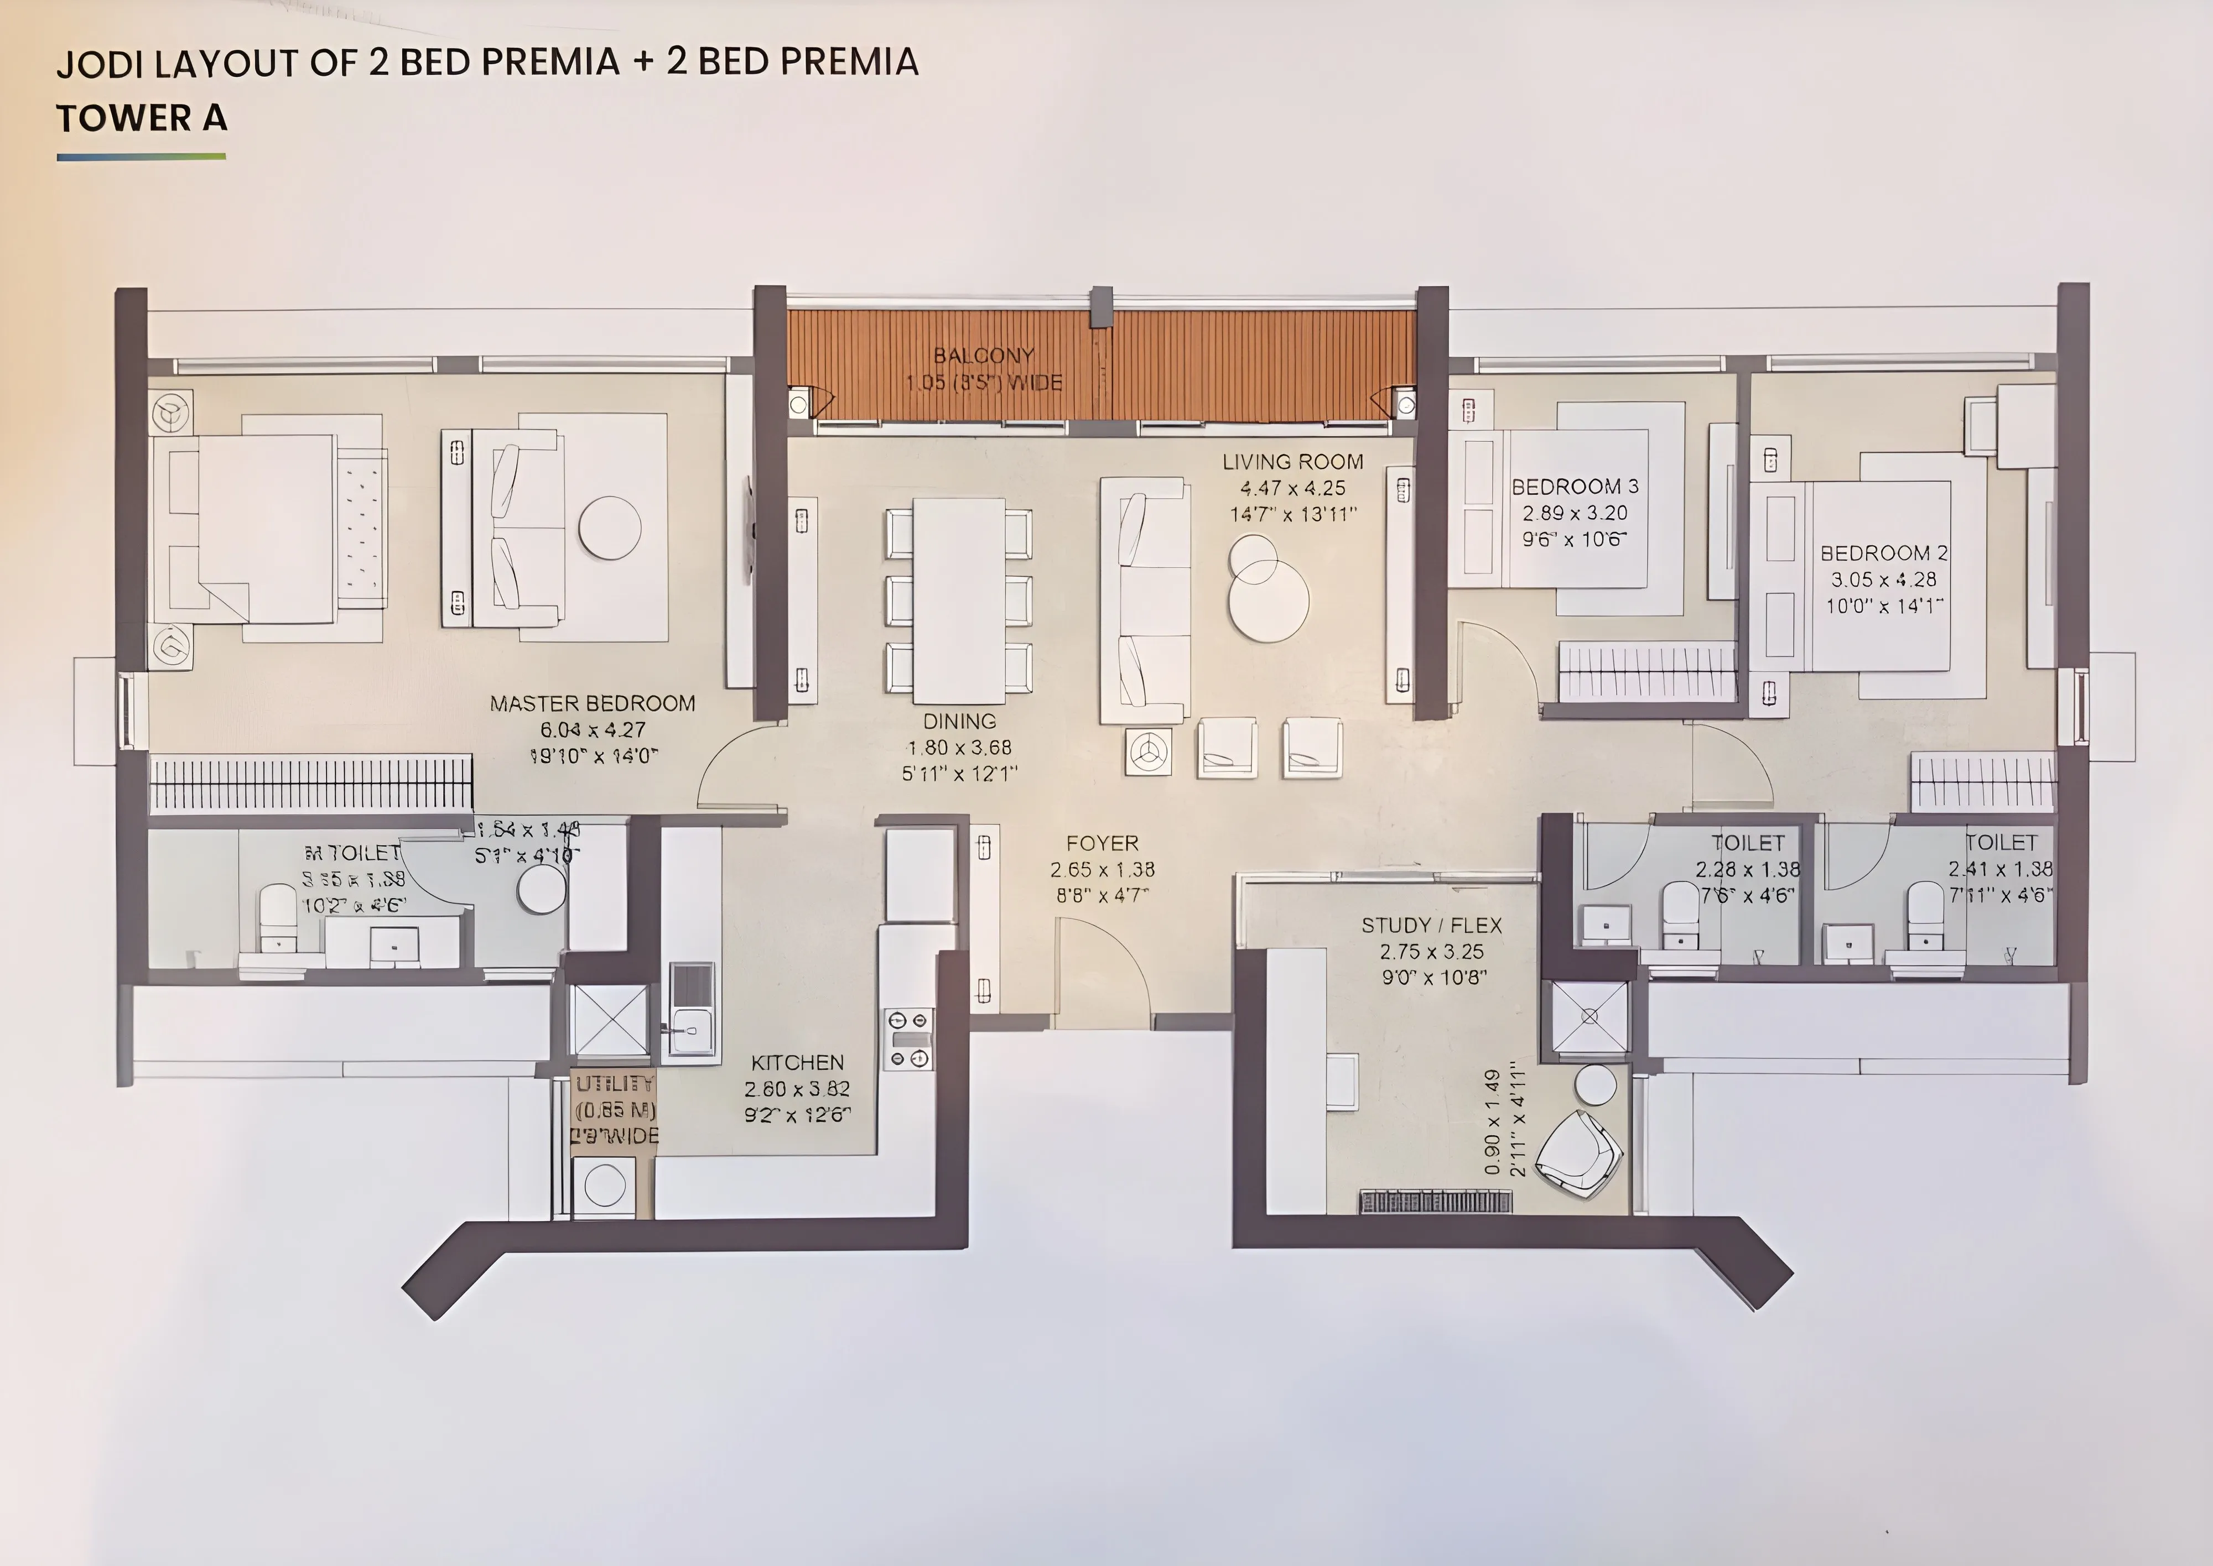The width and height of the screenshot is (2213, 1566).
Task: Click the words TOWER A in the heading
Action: point(142,118)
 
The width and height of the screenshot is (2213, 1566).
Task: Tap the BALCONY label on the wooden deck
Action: point(983,356)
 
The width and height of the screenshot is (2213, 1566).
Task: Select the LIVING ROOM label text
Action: point(1293,462)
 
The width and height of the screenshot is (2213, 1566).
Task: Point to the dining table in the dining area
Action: point(959,600)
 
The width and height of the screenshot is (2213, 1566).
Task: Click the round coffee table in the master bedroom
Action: point(610,528)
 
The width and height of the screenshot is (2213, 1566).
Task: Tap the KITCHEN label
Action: point(797,1063)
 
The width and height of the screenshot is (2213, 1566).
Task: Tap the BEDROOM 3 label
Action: point(1575,487)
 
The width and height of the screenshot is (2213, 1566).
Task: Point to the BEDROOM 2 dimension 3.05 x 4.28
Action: point(1884,580)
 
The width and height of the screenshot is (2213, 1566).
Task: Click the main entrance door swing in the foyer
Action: point(1100,964)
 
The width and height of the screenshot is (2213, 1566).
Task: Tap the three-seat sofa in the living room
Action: point(1144,600)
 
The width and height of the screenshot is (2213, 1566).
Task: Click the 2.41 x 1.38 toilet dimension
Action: point(2000,869)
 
